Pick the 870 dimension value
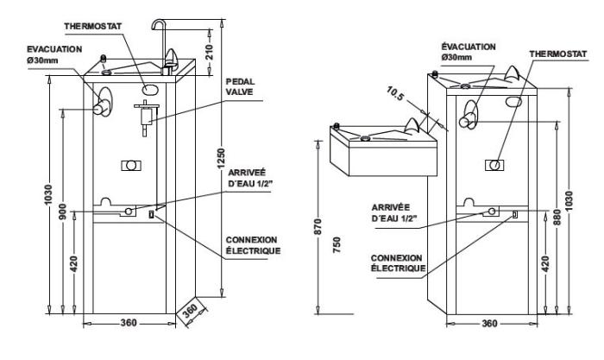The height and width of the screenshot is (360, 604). (318, 227)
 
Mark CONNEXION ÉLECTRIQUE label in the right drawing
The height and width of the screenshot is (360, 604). (397, 262)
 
